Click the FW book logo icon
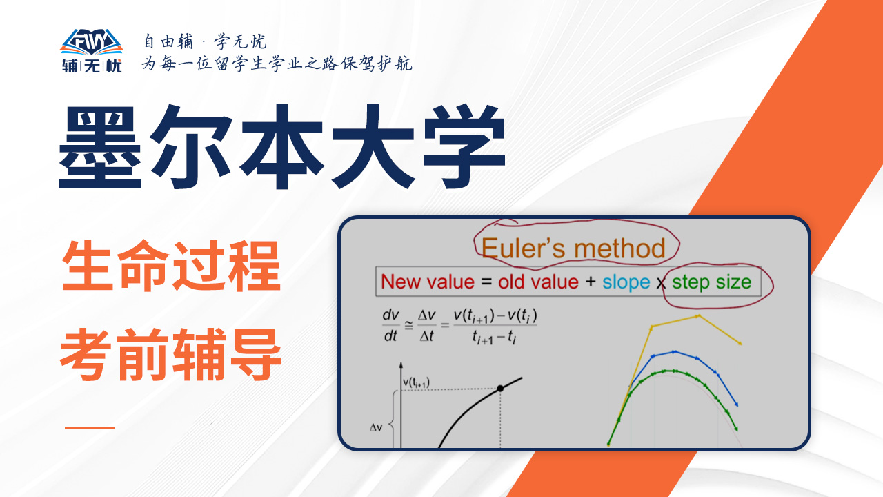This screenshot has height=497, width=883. pos(92,42)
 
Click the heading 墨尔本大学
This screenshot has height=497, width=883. pos(282,147)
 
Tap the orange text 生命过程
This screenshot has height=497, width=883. pos(171,266)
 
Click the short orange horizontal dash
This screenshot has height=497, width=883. pos(90,427)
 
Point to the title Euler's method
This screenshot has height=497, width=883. pos(573,248)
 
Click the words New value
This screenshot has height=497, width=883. pos(428,282)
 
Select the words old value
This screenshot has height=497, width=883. pos(538,282)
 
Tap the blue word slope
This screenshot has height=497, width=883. pos(626,283)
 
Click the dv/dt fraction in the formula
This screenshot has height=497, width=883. pos(390,325)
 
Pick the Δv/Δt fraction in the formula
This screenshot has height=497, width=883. pos(426,325)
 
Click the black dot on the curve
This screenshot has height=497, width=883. pos(500,389)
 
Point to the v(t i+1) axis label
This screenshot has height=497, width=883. pos(416,382)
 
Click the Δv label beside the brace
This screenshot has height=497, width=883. pos(376,427)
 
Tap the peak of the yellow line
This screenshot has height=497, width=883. pos(698,316)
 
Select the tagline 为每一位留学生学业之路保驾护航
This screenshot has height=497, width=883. pos(277,64)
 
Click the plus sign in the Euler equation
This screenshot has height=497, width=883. pos(591,282)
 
